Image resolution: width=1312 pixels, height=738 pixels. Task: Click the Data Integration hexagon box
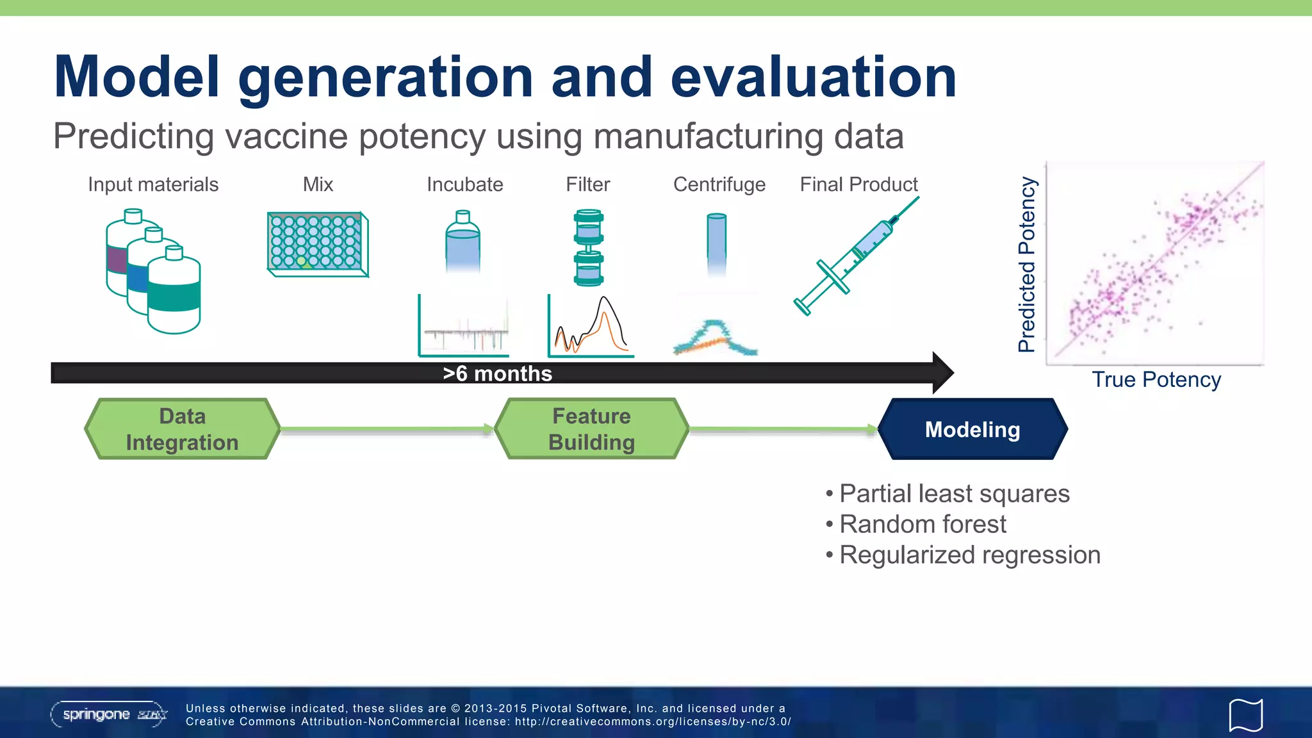[x=183, y=429]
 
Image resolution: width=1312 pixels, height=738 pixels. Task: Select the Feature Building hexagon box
[x=591, y=429]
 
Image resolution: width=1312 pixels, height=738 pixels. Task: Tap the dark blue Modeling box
[x=972, y=429]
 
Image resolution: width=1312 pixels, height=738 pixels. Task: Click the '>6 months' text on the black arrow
[x=497, y=373]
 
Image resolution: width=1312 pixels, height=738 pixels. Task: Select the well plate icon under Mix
[x=317, y=244]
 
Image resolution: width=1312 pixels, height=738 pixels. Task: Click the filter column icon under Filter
[x=588, y=247]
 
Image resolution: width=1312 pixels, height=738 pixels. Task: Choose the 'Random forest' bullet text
[x=922, y=524]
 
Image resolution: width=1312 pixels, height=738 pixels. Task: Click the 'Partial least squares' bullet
[x=954, y=494]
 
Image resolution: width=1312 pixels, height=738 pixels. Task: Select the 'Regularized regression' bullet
[x=969, y=555]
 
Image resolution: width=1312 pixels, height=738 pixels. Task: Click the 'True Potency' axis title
[x=1156, y=379]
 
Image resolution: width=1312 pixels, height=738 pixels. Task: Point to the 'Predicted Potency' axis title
[x=1027, y=264]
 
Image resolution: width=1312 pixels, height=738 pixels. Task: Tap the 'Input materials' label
[x=153, y=184]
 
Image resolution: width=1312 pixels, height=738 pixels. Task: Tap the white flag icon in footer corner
[x=1245, y=715]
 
